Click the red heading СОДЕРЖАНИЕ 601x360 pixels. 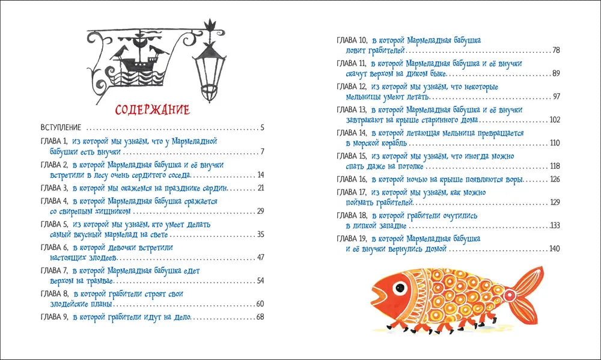152,111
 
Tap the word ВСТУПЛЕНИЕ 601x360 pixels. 60,128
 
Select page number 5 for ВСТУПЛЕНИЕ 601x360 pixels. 263,128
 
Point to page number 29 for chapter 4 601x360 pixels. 260,211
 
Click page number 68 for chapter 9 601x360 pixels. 260,317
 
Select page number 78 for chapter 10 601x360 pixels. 556,50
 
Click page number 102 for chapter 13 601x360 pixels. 554,120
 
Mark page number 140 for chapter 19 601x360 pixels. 554,249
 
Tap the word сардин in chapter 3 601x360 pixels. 217,188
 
